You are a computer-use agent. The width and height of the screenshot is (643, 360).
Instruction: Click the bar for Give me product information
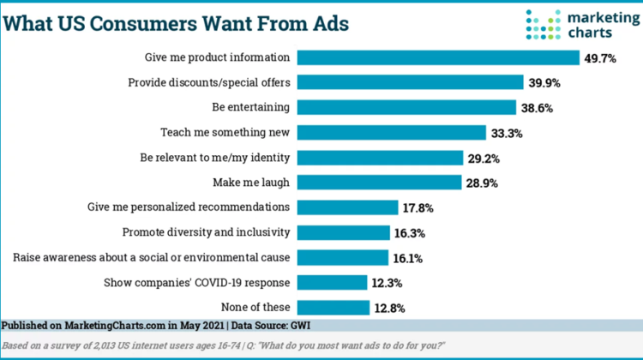tap(438, 57)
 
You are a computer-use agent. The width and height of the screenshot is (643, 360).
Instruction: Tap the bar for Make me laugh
tap(379, 182)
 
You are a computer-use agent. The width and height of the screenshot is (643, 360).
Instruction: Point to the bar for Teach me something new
tap(392, 132)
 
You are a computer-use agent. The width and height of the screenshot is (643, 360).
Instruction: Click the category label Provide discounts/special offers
tap(208, 82)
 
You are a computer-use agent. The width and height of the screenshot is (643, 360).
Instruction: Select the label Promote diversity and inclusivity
tap(207, 231)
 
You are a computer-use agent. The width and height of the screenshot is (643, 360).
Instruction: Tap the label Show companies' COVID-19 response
tap(196, 281)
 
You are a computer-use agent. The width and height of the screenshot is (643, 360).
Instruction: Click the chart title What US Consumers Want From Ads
tap(176, 22)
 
